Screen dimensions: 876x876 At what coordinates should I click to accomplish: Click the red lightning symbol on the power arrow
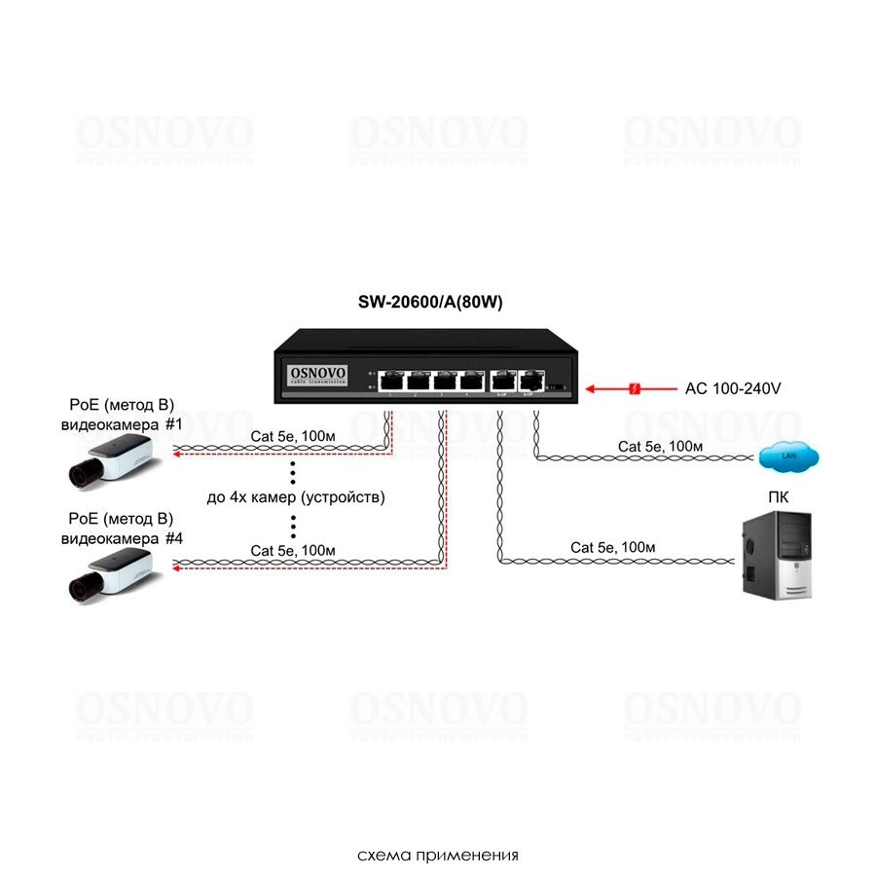pos(635,388)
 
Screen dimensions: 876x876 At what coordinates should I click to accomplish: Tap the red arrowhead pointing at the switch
pos(591,388)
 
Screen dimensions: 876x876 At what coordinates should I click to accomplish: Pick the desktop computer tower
pos(776,556)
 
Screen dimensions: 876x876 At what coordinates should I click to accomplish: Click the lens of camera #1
pos(81,476)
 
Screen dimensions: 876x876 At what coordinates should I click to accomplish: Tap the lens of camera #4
pos(81,586)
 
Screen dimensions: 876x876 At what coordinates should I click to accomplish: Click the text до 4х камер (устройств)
pos(296,497)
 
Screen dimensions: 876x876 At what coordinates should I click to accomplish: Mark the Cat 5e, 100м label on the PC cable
pos(613,547)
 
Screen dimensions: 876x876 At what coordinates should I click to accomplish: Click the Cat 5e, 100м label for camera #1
pos(293,436)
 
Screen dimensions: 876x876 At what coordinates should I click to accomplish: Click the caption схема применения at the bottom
pos(438,856)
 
